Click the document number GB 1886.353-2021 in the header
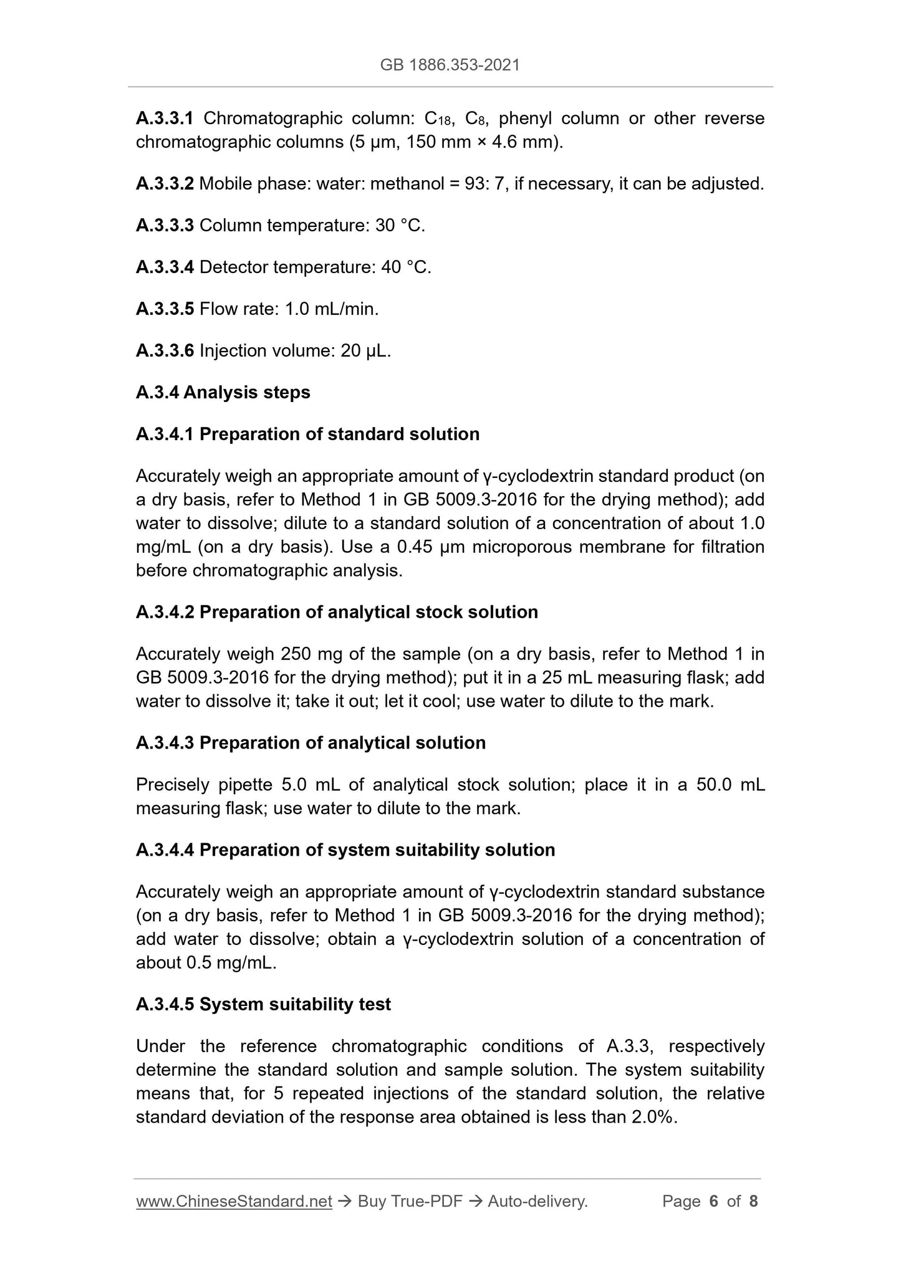point(450,65)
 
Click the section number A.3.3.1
point(165,118)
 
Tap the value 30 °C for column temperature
point(400,226)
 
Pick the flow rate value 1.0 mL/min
point(331,309)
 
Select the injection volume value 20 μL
point(365,351)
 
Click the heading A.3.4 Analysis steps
point(223,393)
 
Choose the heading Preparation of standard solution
point(339,434)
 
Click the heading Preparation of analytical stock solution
point(369,612)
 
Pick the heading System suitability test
point(295,1005)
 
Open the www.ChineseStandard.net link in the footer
point(234,1202)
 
